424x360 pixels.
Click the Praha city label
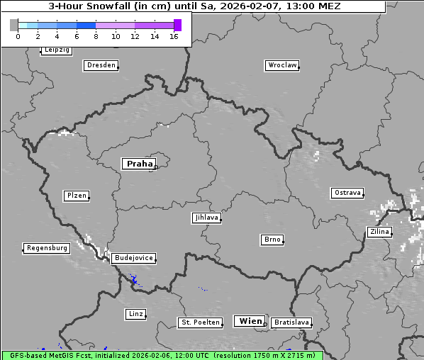(139, 164)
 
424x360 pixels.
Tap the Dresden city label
(101, 65)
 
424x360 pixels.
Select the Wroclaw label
(282, 65)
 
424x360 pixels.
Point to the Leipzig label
(56, 50)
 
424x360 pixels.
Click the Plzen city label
(76, 196)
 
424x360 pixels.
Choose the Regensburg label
(47, 248)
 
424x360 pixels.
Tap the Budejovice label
(133, 258)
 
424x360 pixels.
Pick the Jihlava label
(206, 218)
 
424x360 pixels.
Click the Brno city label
(272, 240)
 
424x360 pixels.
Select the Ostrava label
(347, 193)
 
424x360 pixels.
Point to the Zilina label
(379, 232)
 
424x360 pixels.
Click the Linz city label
(135, 313)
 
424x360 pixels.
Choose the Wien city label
(250, 321)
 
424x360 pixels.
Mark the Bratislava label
(291, 322)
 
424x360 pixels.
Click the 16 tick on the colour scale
(174, 36)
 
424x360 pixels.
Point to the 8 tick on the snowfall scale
(96, 36)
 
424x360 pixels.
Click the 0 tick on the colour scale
(18, 36)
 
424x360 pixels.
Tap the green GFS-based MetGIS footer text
(162, 355)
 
